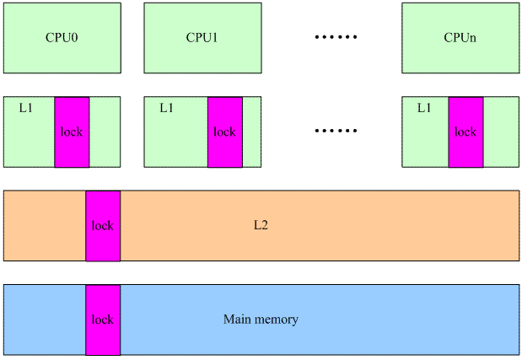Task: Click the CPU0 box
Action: (x=62, y=38)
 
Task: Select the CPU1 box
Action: (x=202, y=38)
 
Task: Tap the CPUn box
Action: (x=460, y=38)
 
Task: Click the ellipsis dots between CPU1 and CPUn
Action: (x=336, y=38)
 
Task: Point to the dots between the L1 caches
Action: (x=336, y=132)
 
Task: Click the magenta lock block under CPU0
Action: (x=72, y=132)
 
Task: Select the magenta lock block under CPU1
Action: (x=225, y=132)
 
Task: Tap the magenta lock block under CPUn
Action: (x=465, y=132)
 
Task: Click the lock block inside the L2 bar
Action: (x=103, y=226)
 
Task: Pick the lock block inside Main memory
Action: (x=103, y=320)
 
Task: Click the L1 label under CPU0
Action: (x=25, y=108)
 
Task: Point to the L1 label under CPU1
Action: (x=166, y=108)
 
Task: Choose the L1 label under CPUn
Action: (x=424, y=108)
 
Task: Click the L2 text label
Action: (x=261, y=226)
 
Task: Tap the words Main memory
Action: (x=261, y=320)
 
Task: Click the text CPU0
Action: (x=62, y=38)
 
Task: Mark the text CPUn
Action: (x=460, y=38)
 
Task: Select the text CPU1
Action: (x=202, y=38)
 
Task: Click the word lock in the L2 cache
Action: (x=103, y=226)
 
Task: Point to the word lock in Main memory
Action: (x=103, y=320)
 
